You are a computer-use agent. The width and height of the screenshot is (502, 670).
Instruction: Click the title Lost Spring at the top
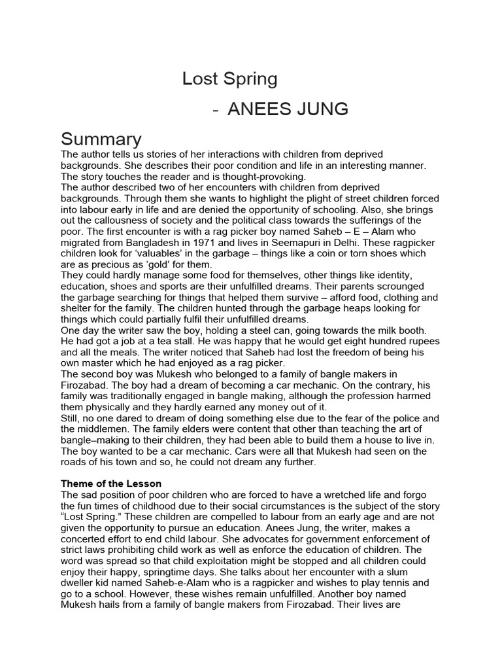pos(229,80)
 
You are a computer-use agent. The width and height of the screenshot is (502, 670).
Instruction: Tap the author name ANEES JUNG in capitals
pos(288,109)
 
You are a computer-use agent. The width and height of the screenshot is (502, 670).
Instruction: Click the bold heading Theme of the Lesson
pos(116,484)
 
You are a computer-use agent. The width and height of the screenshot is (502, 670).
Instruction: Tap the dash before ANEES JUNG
pos(216,111)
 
